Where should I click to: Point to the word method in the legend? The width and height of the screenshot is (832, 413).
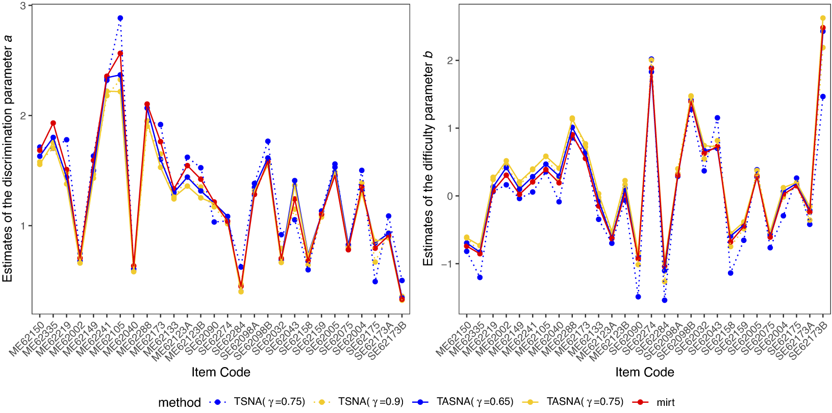point(179,402)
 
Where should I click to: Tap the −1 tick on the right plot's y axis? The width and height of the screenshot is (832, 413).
point(447,264)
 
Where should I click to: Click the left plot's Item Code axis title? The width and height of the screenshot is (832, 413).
point(221,372)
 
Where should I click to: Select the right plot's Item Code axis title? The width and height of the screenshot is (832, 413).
point(644,372)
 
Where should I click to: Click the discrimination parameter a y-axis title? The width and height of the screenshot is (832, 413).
point(7,158)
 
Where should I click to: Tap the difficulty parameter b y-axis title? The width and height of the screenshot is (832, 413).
point(428,158)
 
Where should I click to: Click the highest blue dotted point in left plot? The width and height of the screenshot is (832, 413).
point(120,18)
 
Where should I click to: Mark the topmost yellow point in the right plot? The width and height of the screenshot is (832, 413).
point(823,18)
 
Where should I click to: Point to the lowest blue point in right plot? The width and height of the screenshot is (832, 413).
point(665,300)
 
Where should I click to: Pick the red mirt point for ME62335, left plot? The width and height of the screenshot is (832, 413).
point(53,123)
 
